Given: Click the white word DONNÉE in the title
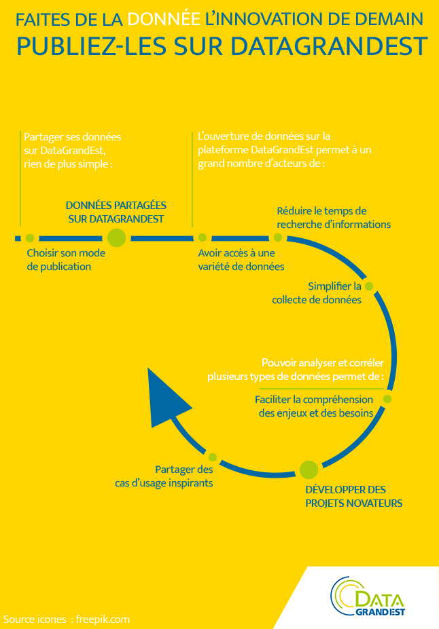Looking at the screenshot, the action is pos(164,19).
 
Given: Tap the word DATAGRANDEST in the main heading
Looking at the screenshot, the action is pos(329,46).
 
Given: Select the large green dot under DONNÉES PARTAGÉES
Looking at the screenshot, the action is pos(116,238).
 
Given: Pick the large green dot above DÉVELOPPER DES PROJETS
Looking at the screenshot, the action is pos(309,470).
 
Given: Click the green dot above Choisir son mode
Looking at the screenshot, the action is pos(30,238).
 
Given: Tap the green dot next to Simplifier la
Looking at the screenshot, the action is pos(369,286).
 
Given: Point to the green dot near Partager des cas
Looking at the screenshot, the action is pos(213,457).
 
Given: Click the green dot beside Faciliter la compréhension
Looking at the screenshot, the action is pos(387,399).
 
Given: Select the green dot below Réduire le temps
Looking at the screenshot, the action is pos(278,237).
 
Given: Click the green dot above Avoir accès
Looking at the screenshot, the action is pos(203,237).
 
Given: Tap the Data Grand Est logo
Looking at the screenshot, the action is pos(368,596).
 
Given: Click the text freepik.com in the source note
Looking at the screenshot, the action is pos(103,620).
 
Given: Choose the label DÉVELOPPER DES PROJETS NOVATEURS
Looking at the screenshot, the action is pos(354,496).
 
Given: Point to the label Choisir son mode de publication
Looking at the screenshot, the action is pos(66,260).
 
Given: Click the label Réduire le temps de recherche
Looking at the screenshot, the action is pos(334,217).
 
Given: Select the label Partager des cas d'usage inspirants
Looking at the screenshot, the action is pos(164,476).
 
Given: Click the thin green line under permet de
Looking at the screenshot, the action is pos(321,389).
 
